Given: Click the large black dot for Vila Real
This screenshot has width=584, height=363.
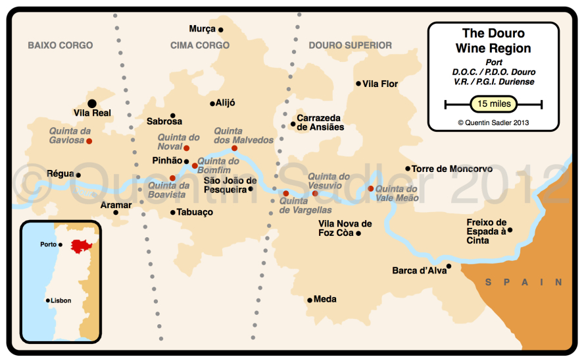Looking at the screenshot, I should pyautogui.click(x=92, y=103).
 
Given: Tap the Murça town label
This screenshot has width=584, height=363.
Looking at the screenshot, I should pyautogui.click(x=202, y=29).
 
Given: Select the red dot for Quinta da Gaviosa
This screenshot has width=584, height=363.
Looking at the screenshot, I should pyautogui.click(x=89, y=141).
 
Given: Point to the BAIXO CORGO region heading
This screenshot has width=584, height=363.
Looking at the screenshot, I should pyautogui.click(x=60, y=45).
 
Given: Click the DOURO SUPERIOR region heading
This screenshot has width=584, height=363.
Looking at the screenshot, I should pyautogui.click(x=350, y=45).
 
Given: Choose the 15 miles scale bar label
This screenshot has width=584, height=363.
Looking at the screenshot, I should pyautogui.click(x=493, y=104).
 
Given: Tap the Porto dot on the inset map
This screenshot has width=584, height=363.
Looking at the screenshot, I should pyautogui.click(x=61, y=244).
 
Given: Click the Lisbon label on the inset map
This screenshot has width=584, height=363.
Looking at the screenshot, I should pyautogui.click(x=61, y=301).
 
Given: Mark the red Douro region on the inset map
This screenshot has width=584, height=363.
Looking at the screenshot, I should pyautogui.click(x=82, y=246).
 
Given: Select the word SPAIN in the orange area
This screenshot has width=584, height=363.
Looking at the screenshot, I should pyautogui.click(x=523, y=282).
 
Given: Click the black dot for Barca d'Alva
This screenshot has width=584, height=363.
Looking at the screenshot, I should pyautogui.click(x=449, y=266).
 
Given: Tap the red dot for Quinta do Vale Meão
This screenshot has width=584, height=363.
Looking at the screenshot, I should pyautogui.click(x=371, y=188).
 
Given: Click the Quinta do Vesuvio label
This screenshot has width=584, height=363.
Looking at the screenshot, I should pyautogui.click(x=329, y=181).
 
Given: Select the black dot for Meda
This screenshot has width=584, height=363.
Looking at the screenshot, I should pyautogui.click(x=309, y=300).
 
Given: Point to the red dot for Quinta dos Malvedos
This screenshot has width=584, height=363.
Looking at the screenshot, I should pyautogui.click(x=234, y=148).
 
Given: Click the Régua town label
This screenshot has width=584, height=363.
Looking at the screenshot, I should pyautogui.click(x=60, y=175).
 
